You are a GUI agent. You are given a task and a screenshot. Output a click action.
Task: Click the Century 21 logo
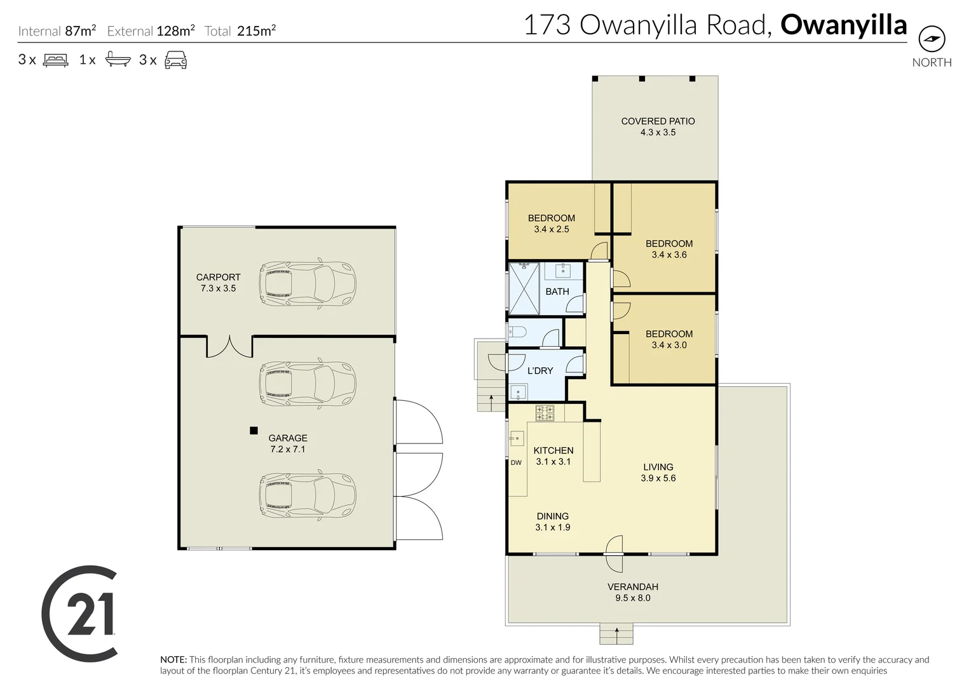(79, 614)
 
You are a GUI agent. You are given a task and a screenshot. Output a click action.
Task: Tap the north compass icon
(932, 39)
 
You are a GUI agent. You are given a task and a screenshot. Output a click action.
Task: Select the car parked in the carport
(307, 284)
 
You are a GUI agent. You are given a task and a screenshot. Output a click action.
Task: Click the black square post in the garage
(254, 431)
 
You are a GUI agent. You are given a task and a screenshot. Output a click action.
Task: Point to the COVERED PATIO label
(658, 121)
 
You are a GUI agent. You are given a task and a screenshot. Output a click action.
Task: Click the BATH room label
(557, 292)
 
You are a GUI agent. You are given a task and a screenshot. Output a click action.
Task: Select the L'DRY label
(540, 371)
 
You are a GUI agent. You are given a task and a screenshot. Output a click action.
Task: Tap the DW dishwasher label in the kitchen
(516, 462)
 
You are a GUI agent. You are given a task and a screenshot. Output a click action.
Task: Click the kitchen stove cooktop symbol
(545, 413)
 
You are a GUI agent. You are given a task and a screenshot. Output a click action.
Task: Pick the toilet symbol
(517, 332)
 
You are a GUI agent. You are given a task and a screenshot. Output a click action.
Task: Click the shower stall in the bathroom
(524, 288)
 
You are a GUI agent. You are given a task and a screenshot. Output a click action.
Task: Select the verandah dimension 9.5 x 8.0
(632, 598)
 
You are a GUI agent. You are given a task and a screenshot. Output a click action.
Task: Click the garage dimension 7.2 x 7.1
(288, 449)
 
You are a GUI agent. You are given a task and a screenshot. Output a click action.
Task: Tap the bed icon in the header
(55, 60)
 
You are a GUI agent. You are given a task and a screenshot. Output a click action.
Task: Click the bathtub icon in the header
(118, 60)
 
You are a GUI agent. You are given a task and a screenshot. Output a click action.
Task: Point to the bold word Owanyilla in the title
(843, 25)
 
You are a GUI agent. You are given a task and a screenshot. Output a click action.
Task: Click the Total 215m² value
(256, 30)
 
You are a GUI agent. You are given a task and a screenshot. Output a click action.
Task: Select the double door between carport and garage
(229, 346)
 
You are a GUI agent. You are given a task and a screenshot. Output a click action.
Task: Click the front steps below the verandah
(616, 633)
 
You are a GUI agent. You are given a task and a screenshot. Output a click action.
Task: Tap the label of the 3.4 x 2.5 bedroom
(551, 218)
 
